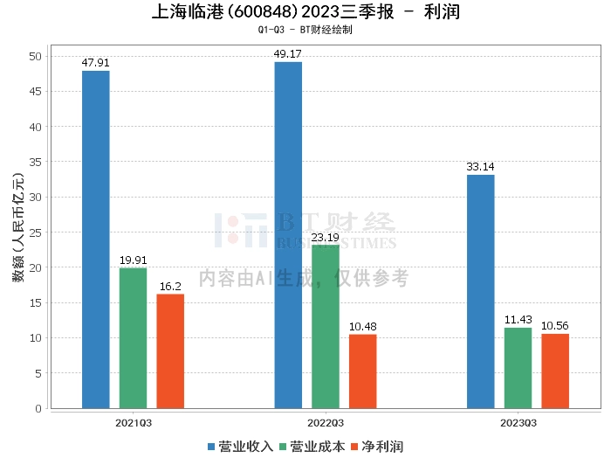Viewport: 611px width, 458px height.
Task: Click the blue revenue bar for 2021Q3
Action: (x=96, y=239)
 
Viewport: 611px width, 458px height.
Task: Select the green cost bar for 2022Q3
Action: (x=326, y=327)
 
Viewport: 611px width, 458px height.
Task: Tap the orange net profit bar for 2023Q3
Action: (x=555, y=371)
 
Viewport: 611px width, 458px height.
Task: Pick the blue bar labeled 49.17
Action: (x=288, y=235)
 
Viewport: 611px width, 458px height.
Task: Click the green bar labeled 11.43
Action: (x=518, y=368)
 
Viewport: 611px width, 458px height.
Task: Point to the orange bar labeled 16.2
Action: (x=170, y=351)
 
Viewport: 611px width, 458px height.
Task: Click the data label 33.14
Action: (x=480, y=167)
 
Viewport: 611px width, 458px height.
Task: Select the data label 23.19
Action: (x=326, y=237)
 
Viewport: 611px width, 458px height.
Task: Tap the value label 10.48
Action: (x=363, y=327)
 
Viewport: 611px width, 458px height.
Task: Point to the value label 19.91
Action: (x=134, y=260)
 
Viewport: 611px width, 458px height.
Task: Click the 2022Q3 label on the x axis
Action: (x=326, y=423)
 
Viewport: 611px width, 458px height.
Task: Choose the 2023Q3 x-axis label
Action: (x=518, y=423)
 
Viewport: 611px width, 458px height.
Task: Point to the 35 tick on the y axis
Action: (x=36, y=162)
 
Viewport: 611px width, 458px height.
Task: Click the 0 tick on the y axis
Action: (x=38, y=408)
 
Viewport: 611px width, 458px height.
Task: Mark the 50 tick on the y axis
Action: (x=36, y=57)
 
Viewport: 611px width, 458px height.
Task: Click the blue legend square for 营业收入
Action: (x=211, y=447)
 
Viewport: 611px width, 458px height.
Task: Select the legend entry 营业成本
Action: (x=312, y=447)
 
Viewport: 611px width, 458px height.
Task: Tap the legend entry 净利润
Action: (x=377, y=447)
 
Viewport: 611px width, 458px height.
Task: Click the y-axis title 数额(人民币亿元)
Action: (x=18, y=227)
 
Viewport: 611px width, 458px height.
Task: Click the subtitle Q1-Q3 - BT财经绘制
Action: (x=305, y=30)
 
